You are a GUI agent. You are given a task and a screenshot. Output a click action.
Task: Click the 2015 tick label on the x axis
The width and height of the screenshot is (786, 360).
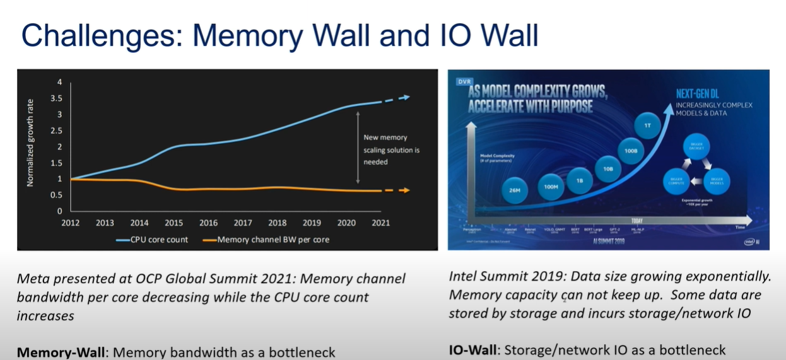(x=173, y=223)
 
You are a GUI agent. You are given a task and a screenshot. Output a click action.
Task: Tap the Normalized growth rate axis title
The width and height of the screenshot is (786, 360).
(x=30, y=143)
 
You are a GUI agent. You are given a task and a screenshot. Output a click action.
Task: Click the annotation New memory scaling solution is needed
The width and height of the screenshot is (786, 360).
(x=391, y=149)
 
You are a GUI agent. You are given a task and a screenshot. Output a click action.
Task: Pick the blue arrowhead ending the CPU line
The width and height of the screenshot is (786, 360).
(x=405, y=97)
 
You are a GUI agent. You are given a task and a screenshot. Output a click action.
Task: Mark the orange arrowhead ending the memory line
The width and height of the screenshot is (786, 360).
(x=405, y=190)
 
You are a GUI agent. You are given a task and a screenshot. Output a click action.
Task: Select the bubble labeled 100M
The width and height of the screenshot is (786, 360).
(x=550, y=187)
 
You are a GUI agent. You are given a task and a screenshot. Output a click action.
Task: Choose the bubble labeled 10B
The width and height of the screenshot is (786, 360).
(x=608, y=169)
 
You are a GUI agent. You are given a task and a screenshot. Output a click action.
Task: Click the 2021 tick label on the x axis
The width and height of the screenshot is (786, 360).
(x=380, y=223)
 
